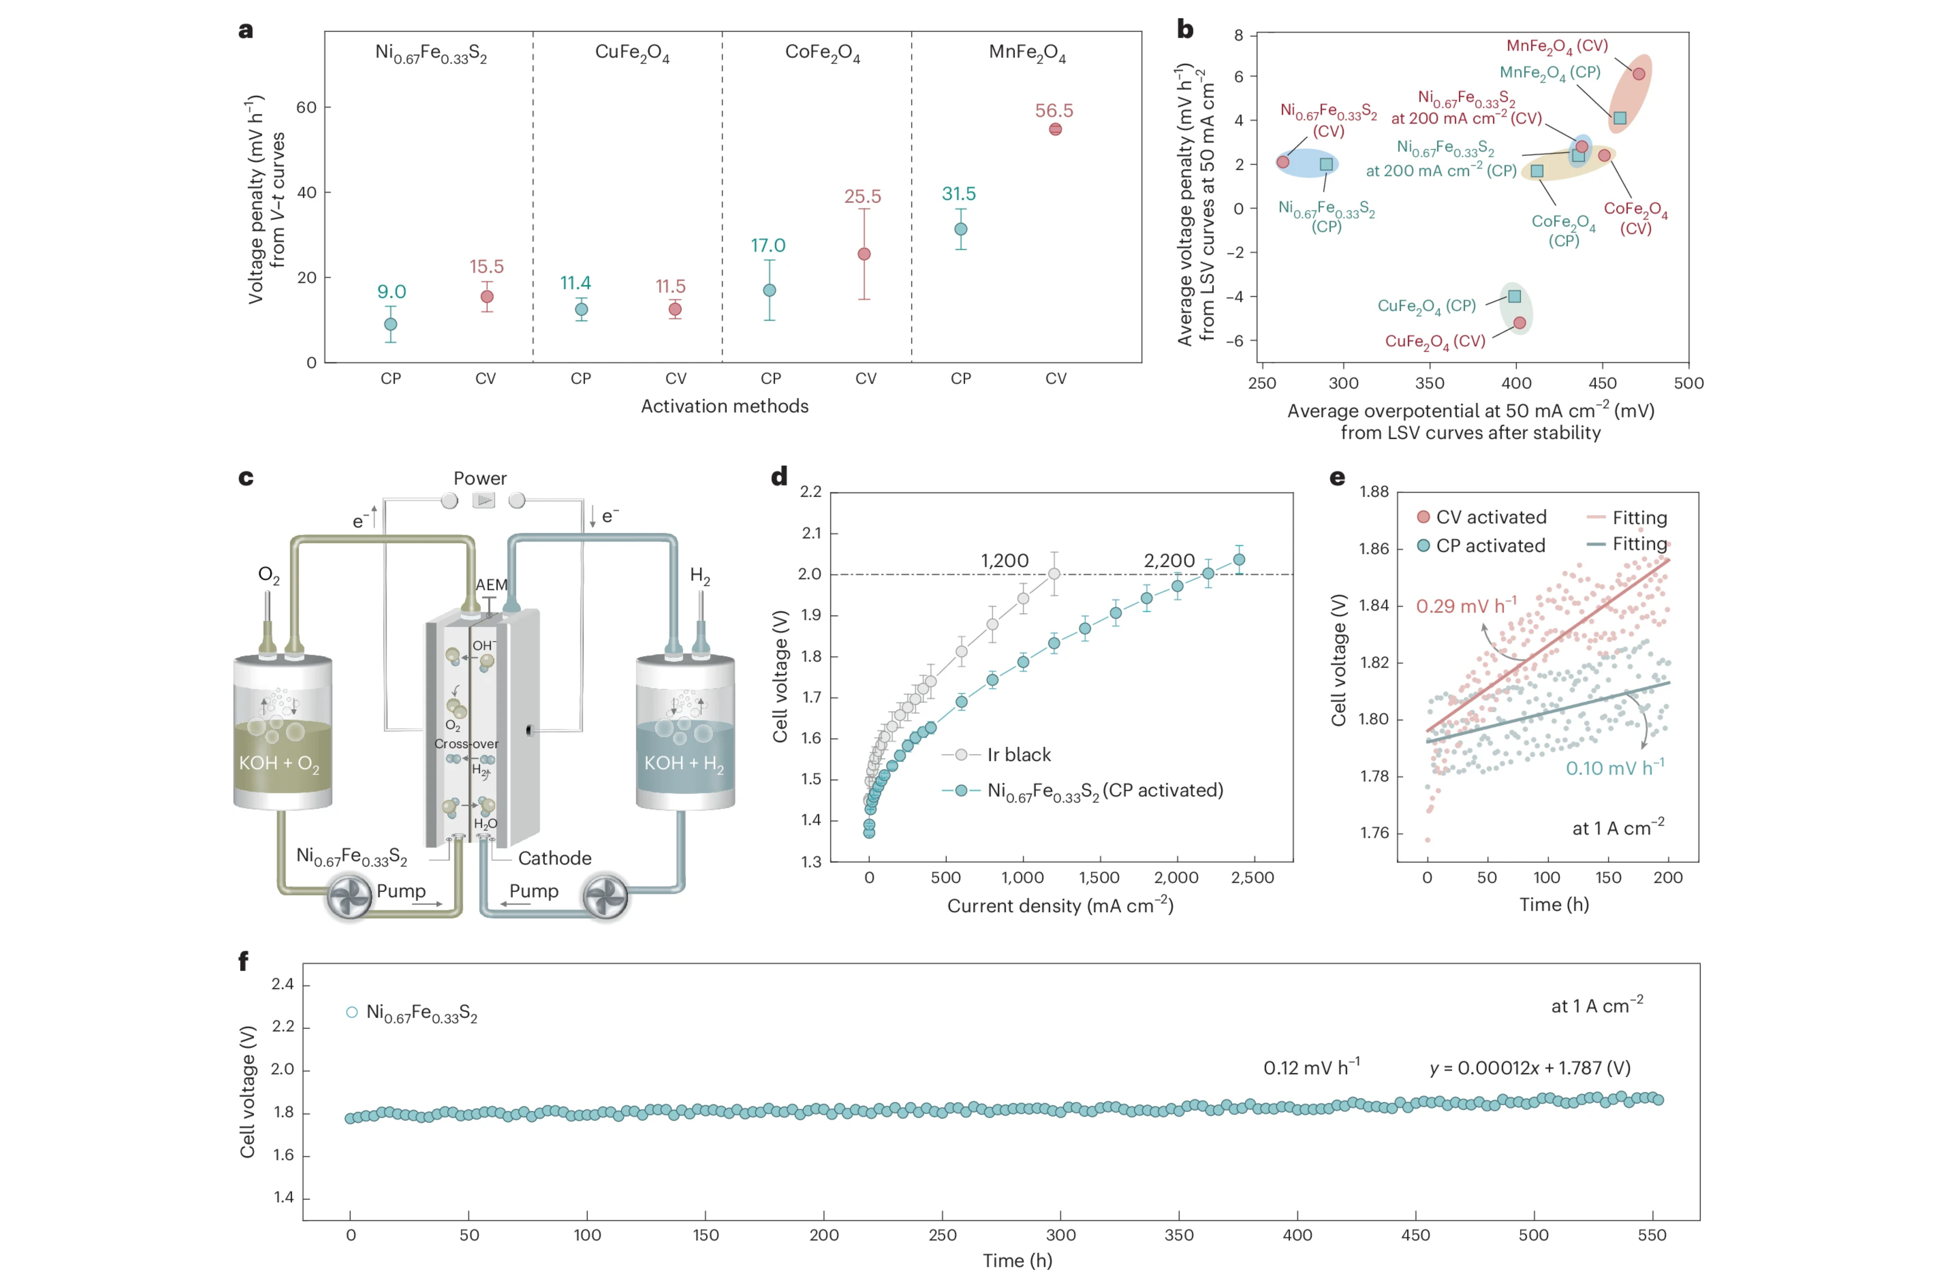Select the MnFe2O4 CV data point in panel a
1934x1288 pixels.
(1055, 129)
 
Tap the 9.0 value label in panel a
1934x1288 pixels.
(391, 292)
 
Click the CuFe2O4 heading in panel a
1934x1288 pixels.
(632, 52)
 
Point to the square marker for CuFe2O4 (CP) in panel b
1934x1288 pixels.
(1514, 296)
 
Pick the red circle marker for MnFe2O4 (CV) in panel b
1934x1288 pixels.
(1638, 74)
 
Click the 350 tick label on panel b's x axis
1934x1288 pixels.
(1429, 383)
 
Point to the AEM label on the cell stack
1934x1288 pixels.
(491, 585)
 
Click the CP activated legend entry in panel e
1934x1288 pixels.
(1481, 546)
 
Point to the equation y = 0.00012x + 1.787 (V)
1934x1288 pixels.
(1530, 1068)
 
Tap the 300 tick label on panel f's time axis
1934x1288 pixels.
(1061, 1235)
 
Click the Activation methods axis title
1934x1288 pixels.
(725, 406)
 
